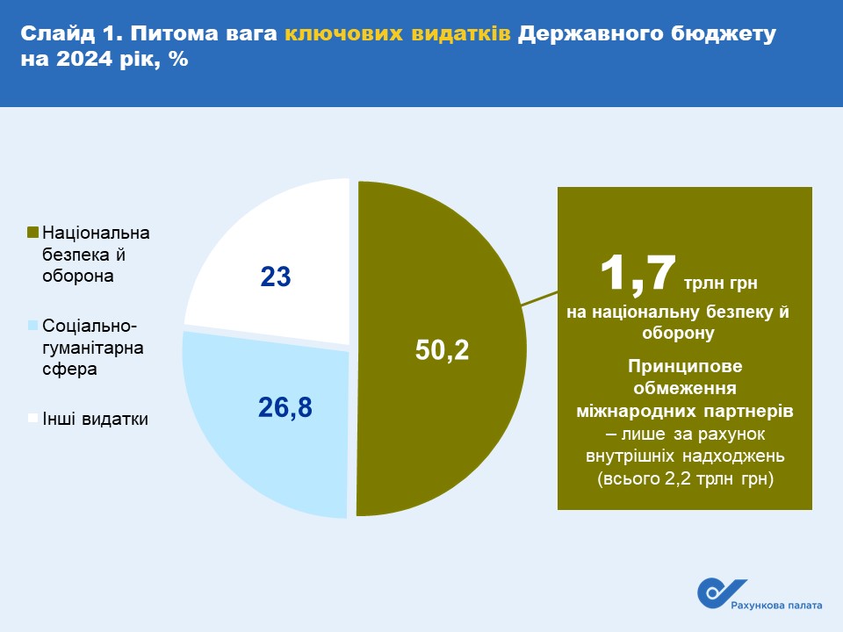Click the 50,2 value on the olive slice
442,350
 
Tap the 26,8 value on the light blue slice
285,407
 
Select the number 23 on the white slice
275,276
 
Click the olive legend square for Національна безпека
32,232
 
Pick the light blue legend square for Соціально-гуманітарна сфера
32,325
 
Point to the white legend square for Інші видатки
32,418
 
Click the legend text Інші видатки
95,419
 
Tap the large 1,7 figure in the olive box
638,274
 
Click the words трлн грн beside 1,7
720,283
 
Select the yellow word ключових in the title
343,34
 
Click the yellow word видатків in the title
461,34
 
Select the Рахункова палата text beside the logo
776,606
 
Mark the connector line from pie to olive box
540,298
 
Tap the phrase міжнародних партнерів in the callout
685,411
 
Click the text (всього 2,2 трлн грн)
685,478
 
